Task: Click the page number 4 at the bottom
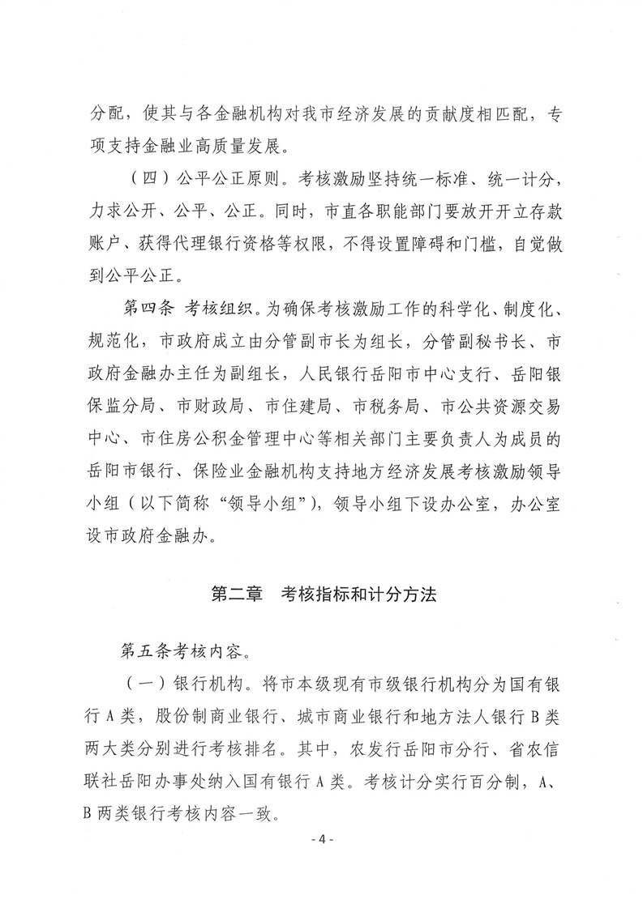coord(322,839)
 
